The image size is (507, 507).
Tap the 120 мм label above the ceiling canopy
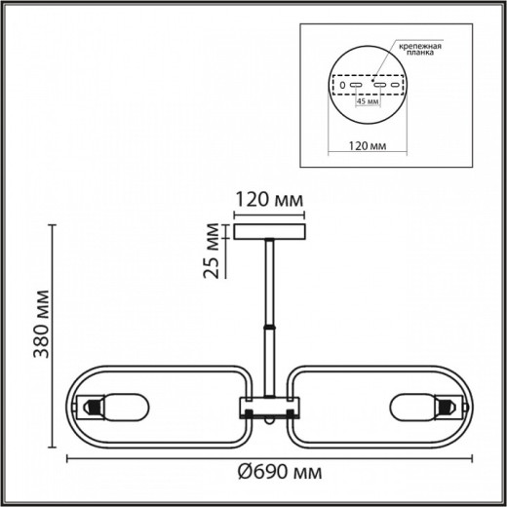(x=268, y=201)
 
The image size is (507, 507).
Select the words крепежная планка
(x=417, y=51)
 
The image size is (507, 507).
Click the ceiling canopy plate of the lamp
(x=268, y=233)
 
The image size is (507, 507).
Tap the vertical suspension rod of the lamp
(x=268, y=283)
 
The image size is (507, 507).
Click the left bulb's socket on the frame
(x=91, y=404)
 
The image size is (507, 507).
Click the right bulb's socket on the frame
(x=447, y=404)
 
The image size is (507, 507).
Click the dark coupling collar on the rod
(x=267, y=329)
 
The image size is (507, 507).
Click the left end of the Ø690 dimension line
(x=66, y=459)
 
